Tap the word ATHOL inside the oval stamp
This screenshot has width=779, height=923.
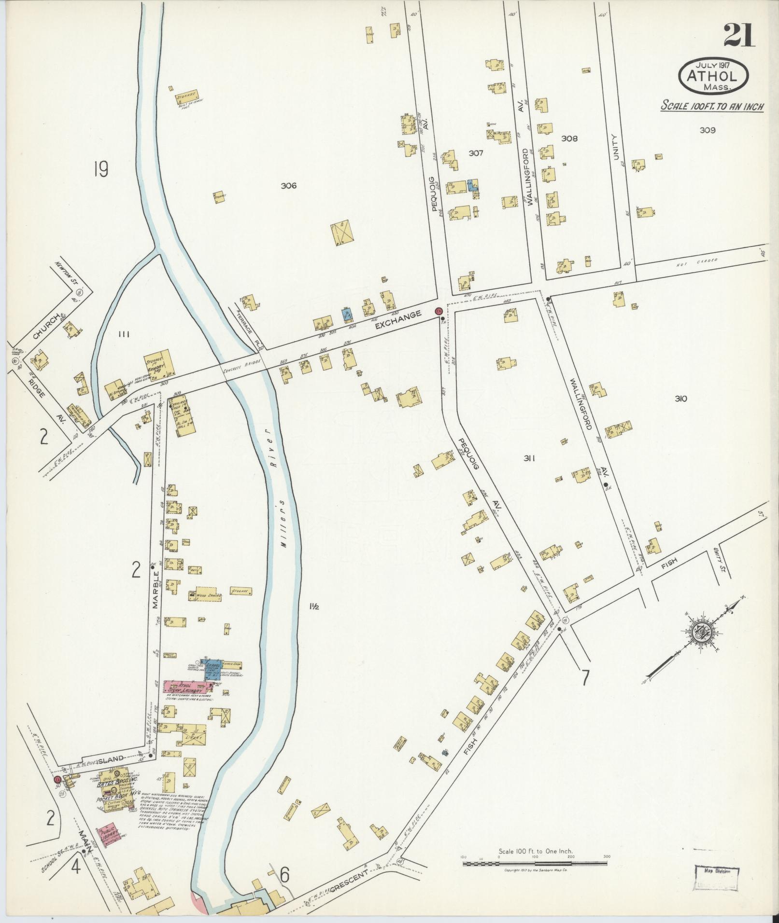pos(714,76)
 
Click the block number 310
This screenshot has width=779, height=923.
pos(681,399)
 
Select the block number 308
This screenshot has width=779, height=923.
pos(569,138)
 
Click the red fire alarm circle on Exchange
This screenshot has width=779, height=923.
pos(439,311)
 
